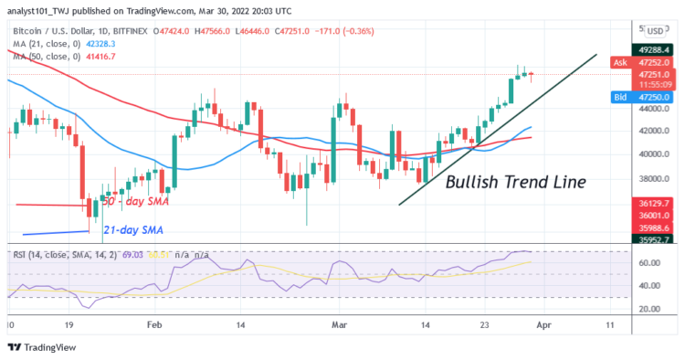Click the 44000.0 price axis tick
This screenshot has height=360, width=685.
click(655, 108)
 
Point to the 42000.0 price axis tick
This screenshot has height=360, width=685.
click(655, 132)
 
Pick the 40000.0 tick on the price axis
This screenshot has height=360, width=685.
click(655, 155)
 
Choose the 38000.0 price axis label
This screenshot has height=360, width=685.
click(655, 179)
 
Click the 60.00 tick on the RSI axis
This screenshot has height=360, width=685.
click(649, 263)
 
